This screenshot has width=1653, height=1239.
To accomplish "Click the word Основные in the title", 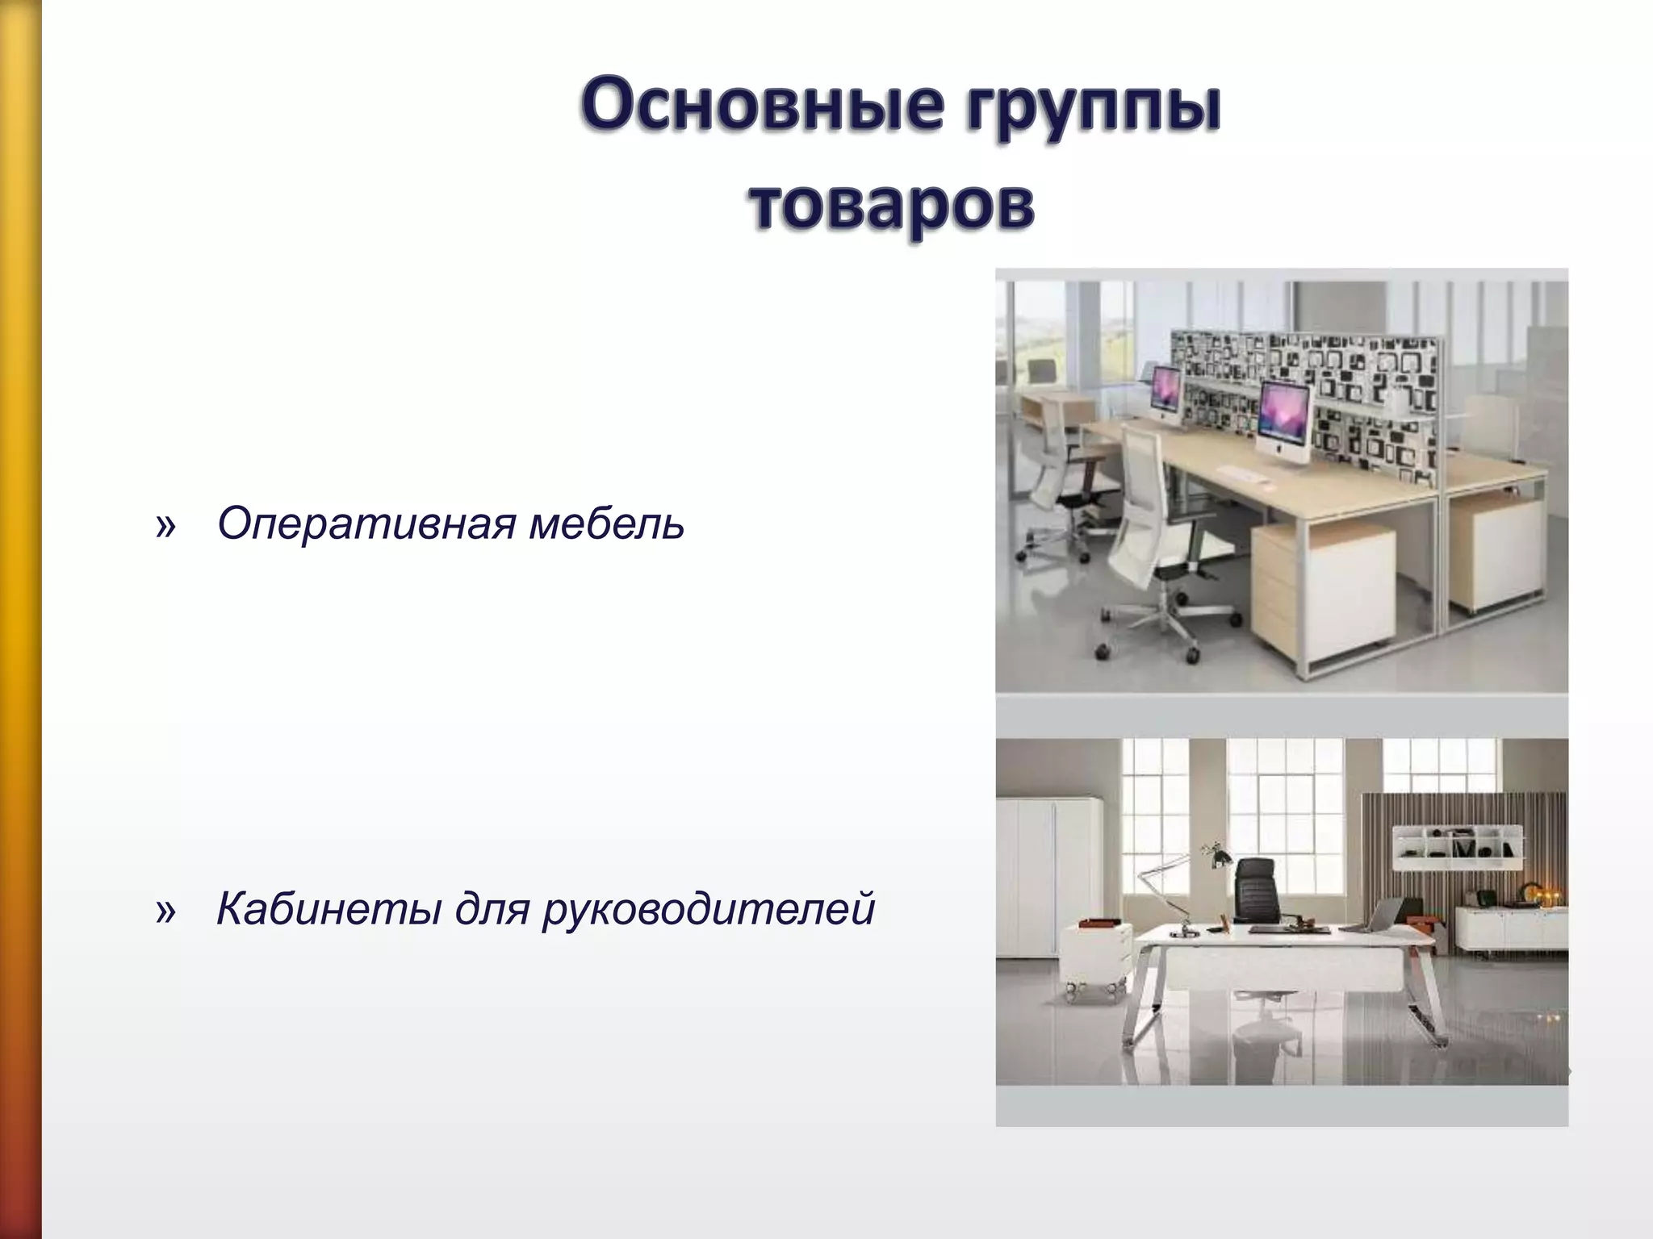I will click(759, 106).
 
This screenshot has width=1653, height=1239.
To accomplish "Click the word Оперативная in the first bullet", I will click(366, 524).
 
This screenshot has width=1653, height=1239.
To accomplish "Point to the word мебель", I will click(606, 524).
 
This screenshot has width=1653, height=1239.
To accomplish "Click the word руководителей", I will click(708, 910).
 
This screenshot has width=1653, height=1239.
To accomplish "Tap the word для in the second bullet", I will click(492, 910).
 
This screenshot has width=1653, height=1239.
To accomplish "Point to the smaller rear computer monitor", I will click(1165, 393).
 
